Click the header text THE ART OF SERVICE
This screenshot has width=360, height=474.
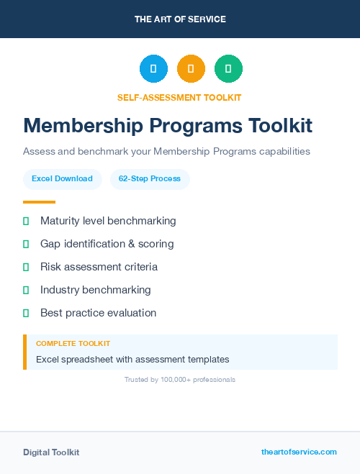pos(180,19)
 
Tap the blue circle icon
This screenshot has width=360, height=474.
pos(153,69)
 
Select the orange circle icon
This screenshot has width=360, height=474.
pos(191,69)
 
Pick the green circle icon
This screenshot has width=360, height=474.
pos(228,69)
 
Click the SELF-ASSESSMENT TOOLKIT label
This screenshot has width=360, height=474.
pos(179,97)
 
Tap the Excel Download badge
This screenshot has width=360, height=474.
pos(62,178)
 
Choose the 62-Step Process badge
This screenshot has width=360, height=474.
pos(150,178)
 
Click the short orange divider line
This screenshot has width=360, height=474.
pos(39,202)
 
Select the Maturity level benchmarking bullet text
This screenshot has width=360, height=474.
pos(108,221)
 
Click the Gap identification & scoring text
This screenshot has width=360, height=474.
pos(107,244)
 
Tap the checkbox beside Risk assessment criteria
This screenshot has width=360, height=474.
pos(26,267)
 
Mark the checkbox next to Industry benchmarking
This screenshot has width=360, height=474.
pos(26,290)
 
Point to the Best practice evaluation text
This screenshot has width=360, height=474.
pos(98,313)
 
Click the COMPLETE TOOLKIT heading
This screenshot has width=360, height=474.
pos(73,344)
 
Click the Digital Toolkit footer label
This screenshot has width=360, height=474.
pos(51,452)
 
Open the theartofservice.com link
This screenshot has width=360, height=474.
pos(299,452)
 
